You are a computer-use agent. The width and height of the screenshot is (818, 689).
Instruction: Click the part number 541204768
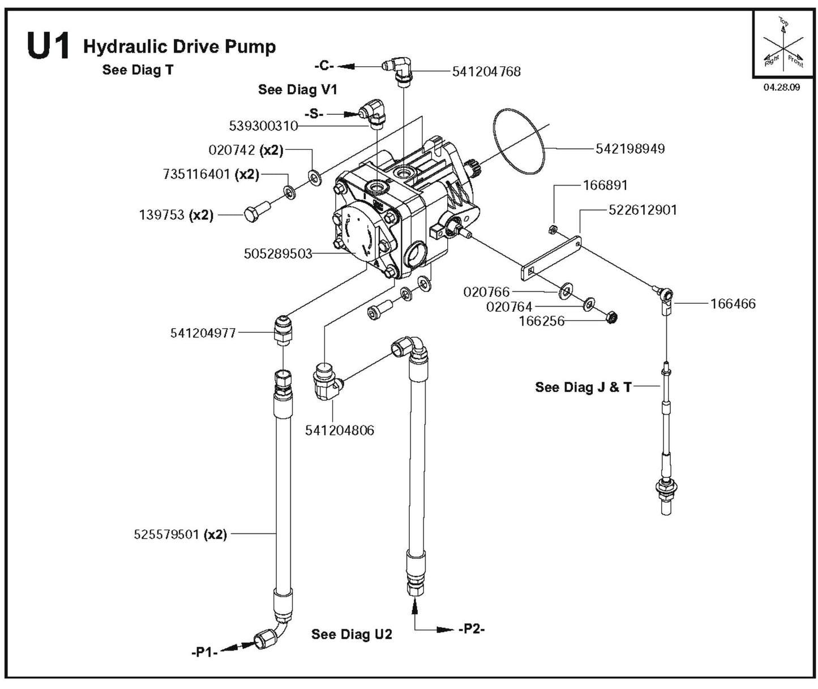point(486,72)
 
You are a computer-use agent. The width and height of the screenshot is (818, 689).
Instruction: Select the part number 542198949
point(630,149)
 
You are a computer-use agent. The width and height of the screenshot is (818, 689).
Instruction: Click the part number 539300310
point(263,126)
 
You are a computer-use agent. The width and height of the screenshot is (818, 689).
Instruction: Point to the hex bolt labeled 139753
point(252,215)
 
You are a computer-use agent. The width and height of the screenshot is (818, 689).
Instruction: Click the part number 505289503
point(278,254)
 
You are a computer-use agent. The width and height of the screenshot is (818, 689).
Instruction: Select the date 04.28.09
point(782,88)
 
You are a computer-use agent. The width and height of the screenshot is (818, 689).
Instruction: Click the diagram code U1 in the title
point(48,47)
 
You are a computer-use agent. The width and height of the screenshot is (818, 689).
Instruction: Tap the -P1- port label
point(204,652)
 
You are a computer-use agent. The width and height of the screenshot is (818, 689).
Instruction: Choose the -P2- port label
point(472,629)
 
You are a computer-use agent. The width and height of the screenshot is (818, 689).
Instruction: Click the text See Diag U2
point(352,634)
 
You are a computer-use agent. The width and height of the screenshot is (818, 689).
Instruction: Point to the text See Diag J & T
point(583,387)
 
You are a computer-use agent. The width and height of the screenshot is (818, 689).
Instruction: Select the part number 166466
point(733,304)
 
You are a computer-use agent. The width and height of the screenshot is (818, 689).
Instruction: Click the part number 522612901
point(643,210)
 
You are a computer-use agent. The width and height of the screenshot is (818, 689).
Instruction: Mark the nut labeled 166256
point(611,318)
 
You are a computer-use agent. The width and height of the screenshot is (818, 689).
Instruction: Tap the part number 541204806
point(340,430)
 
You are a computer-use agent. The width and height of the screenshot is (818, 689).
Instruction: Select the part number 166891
point(605,185)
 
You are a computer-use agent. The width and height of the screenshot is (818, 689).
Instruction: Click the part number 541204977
point(203,333)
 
